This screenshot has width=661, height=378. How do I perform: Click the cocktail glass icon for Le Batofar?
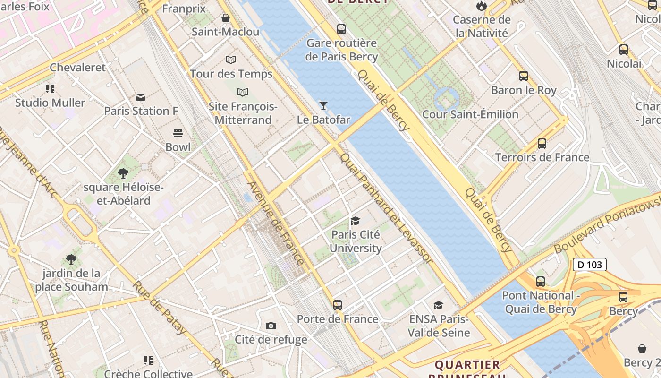323,105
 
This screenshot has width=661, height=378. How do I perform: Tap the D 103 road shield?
590,265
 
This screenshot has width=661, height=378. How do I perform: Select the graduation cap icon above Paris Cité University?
356,221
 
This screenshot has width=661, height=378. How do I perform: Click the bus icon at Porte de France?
337,305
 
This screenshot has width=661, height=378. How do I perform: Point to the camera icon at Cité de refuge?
271,326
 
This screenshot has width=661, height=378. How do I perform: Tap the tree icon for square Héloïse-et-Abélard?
123,173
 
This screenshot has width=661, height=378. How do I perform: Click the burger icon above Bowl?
178,133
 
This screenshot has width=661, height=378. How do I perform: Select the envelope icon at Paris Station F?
141,97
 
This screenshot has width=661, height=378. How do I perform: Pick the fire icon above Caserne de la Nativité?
482,6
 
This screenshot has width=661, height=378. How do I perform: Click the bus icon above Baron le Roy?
523,76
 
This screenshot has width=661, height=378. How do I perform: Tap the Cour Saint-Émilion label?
470,114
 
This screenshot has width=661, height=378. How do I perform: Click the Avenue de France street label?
275,223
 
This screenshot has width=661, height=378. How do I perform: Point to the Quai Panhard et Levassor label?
386,208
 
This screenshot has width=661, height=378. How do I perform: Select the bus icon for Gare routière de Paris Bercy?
341,29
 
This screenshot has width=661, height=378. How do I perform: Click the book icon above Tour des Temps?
230,60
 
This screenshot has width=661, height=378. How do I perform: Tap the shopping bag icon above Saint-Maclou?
226,18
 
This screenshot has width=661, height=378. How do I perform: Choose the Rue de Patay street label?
160,307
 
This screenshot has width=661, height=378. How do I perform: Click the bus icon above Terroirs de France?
542,144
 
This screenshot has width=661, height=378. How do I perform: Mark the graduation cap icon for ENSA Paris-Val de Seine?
439,305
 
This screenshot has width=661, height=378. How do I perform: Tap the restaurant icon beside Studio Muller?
50,89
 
